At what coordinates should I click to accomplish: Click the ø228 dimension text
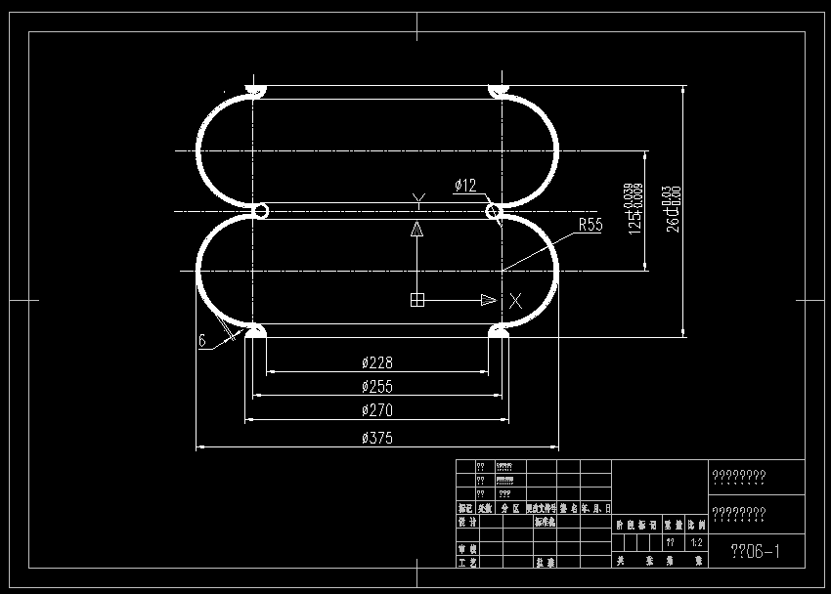(x=377, y=362)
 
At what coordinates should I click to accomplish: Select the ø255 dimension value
(x=377, y=386)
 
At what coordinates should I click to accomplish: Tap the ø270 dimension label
(x=377, y=410)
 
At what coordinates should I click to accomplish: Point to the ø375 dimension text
(x=377, y=439)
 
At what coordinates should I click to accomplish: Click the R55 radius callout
(x=590, y=224)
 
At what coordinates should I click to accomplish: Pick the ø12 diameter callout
(x=464, y=185)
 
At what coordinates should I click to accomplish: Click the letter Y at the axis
(x=417, y=201)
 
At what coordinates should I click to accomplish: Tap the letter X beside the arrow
(x=515, y=300)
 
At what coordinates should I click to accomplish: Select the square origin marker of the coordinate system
(x=417, y=300)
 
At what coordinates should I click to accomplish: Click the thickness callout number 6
(x=202, y=341)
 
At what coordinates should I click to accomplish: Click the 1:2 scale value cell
(x=697, y=542)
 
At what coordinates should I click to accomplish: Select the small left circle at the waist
(x=261, y=210)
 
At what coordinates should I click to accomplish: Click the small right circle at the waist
(x=494, y=210)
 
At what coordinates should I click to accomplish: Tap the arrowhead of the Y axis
(x=417, y=230)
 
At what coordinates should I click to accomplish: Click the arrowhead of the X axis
(x=488, y=300)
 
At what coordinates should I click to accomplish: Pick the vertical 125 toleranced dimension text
(x=635, y=208)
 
